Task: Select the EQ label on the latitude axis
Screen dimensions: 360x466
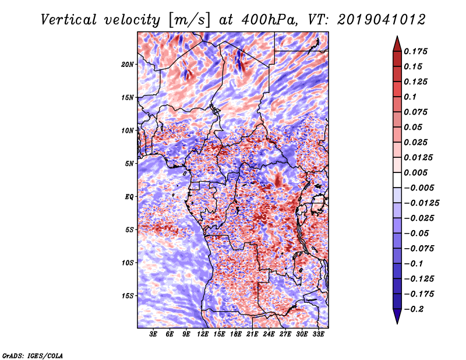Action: click(129, 196)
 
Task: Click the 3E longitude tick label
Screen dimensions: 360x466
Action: click(154, 334)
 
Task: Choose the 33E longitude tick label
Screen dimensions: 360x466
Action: click(318, 334)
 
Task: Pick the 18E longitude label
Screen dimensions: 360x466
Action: click(236, 334)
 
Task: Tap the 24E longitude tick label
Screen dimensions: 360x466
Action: click(269, 334)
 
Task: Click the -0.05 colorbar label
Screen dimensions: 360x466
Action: click(419, 233)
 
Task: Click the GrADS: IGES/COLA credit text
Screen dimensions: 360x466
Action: click(32, 355)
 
